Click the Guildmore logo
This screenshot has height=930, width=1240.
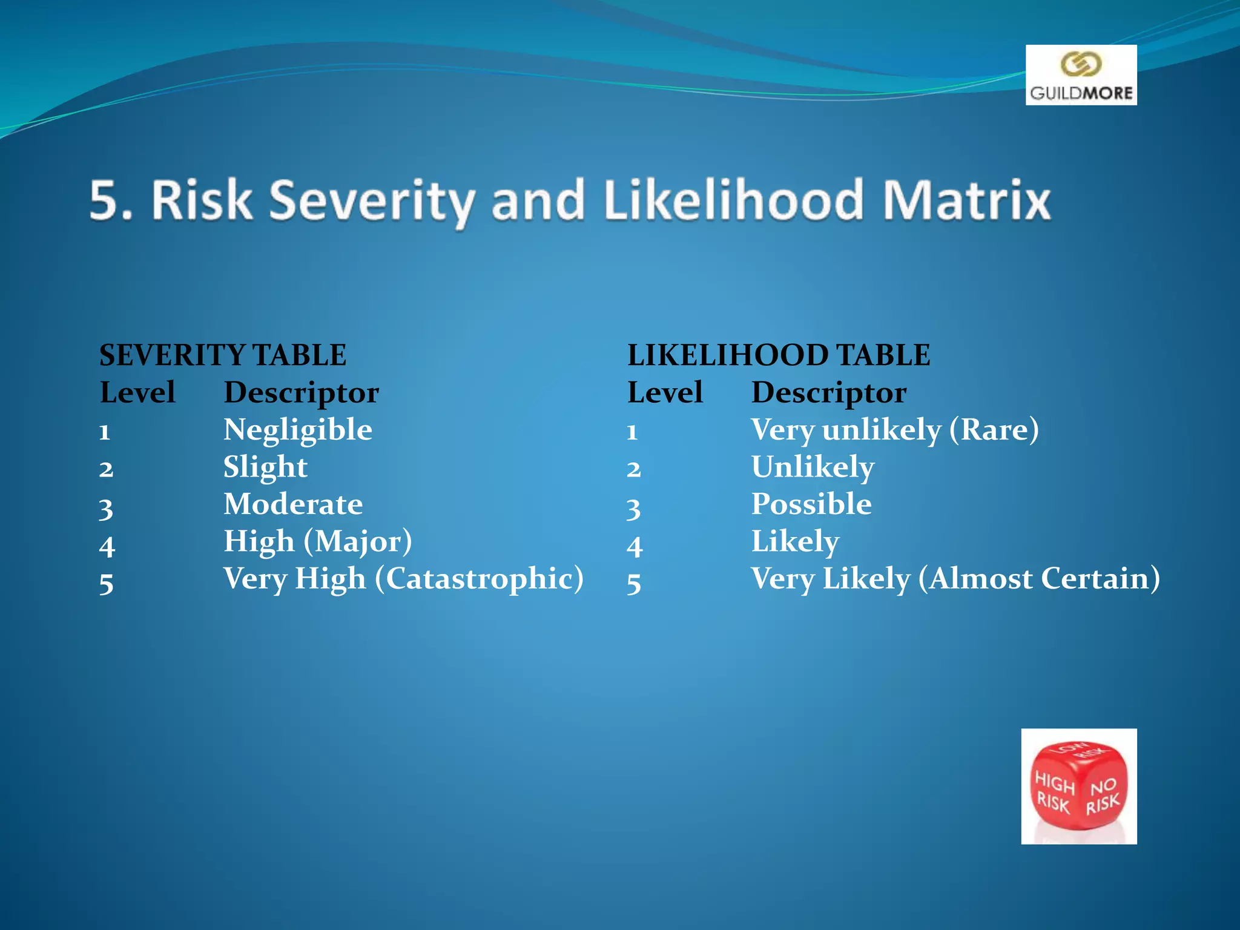click(1081, 75)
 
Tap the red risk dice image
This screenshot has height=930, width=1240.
click(1078, 786)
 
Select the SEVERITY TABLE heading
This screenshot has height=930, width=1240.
click(223, 355)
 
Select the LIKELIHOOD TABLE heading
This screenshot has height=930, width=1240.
click(779, 355)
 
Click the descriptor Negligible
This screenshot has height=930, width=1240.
click(297, 430)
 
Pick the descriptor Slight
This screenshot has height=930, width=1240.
click(265, 467)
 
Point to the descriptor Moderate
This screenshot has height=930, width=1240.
click(293, 504)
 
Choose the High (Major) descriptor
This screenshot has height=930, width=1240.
click(318, 542)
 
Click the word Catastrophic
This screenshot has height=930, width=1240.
click(480, 579)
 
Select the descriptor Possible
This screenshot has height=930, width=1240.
click(811, 504)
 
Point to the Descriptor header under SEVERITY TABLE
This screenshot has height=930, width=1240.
click(302, 393)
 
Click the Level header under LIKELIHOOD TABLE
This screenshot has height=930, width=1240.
click(665, 393)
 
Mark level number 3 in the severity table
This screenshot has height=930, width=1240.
click(106, 508)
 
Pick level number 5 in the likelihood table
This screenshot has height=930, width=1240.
click(634, 583)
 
